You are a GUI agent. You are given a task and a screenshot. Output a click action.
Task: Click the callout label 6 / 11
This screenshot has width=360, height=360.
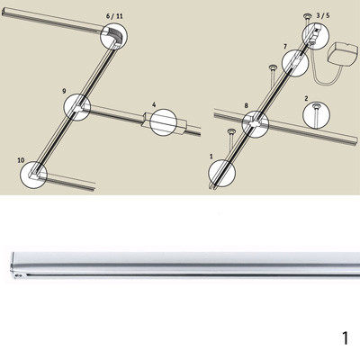(x=114, y=16)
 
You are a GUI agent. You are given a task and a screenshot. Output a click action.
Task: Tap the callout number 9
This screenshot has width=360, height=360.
(x=64, y=91)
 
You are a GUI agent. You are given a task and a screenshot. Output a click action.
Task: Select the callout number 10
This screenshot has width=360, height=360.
(x=21, y=160)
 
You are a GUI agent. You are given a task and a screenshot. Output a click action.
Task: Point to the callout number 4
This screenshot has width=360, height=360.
(x=154, y=104)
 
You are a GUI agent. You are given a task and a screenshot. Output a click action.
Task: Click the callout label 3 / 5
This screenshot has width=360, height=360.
(x=323, y=15)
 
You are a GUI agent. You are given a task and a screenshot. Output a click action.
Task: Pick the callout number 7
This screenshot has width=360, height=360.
(x=285, y=47)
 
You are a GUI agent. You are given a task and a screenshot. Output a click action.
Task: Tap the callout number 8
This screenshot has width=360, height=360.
(x=247, y=105)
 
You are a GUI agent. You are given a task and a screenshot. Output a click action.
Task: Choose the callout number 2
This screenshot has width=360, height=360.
(x=306, y=98)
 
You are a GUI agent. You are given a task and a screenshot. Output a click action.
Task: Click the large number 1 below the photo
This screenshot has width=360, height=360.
(x=346, y=337)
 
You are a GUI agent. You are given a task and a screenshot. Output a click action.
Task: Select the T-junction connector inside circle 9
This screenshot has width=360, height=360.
(x=77, y=108)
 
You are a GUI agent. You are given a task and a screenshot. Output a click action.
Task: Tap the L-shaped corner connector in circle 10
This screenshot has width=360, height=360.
(x=33, y=175)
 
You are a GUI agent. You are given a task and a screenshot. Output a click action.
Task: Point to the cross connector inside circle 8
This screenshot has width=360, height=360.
(x=256, y=124)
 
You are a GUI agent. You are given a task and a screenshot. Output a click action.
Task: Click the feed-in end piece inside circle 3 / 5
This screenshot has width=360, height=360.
(x=316, y=34)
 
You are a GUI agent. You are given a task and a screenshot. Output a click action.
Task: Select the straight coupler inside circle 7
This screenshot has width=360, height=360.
(x=296, y=62)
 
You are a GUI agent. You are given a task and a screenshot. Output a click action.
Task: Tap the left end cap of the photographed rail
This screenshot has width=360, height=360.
(x=13, y=265)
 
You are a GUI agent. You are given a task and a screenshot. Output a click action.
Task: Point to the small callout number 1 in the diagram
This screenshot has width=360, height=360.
(x=211, y=157)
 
